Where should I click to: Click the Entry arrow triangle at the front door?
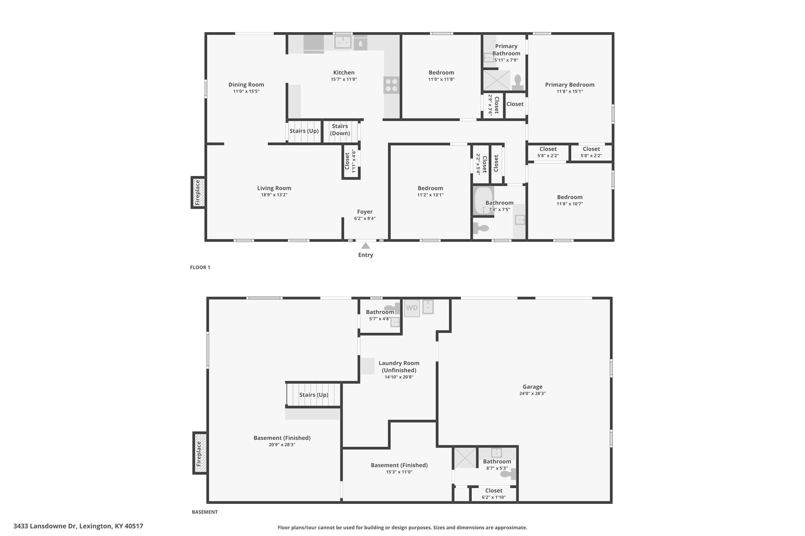click(366, 246)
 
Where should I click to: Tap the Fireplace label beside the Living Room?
click(198, 192)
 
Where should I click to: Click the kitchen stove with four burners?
click(391, 85)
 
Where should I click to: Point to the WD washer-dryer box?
click(412, 308)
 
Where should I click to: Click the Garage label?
click(533, 387)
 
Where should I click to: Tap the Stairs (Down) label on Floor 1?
click(340, 130)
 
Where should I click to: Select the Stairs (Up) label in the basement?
click(314, 395)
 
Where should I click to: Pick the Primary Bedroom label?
click(570, 84)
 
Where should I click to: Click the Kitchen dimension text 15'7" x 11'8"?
click(344, 79)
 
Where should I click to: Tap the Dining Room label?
click(246, 84)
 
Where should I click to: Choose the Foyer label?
click(365, 212)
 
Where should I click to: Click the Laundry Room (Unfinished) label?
click(399, 367)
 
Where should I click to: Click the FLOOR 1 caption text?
click(200, 267)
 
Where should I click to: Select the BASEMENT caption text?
click(205, 512)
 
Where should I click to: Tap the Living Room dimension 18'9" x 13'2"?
click(274, 195)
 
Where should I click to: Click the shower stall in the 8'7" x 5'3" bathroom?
click(465, 458)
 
